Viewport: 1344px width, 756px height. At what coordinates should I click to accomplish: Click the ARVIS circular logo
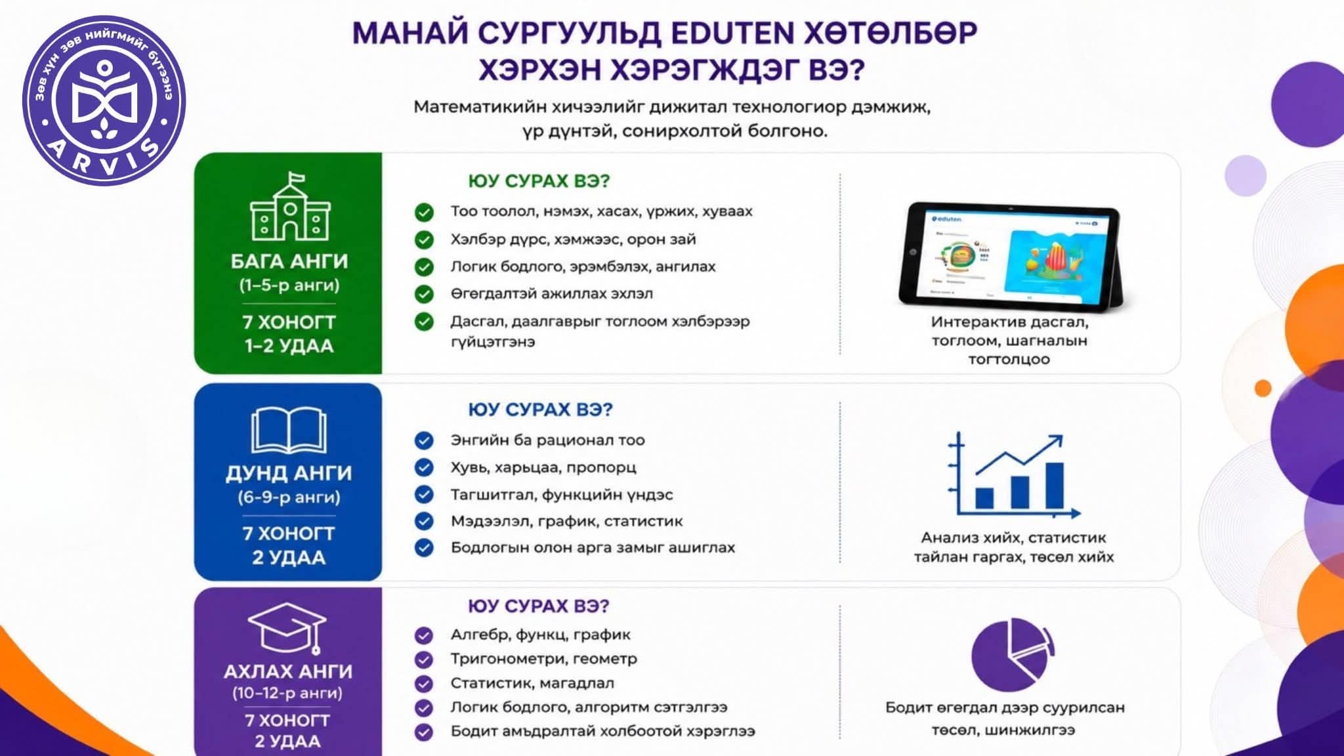point(104,100)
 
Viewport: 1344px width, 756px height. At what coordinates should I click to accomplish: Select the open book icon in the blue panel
point(289,430)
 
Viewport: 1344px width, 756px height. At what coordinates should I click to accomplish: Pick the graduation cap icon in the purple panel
point(287,628)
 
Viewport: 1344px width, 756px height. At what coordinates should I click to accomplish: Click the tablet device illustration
point(1011,257)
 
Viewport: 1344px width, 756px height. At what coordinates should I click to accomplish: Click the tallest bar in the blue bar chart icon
point(1055,485)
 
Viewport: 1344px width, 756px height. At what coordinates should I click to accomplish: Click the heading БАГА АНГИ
point(289,261)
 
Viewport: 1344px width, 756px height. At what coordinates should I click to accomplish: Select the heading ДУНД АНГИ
point(289,473)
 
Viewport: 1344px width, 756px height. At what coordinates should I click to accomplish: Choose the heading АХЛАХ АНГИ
point(288,671)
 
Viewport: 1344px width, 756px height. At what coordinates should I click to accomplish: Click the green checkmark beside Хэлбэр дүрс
point(424,240)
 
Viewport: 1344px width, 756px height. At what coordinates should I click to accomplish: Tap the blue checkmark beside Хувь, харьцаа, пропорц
point(424,467)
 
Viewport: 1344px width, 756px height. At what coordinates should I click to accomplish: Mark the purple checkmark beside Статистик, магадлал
point(424,683)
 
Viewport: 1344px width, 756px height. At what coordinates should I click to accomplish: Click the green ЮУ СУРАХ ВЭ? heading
point(539,181)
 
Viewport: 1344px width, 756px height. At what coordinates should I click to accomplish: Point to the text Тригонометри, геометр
point(543,659)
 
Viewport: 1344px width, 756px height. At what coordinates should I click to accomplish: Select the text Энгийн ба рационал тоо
point(547,440)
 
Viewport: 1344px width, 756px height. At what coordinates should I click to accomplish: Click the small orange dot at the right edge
point(1263,388)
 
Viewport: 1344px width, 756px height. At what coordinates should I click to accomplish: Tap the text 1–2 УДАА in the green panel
point(289,346)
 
